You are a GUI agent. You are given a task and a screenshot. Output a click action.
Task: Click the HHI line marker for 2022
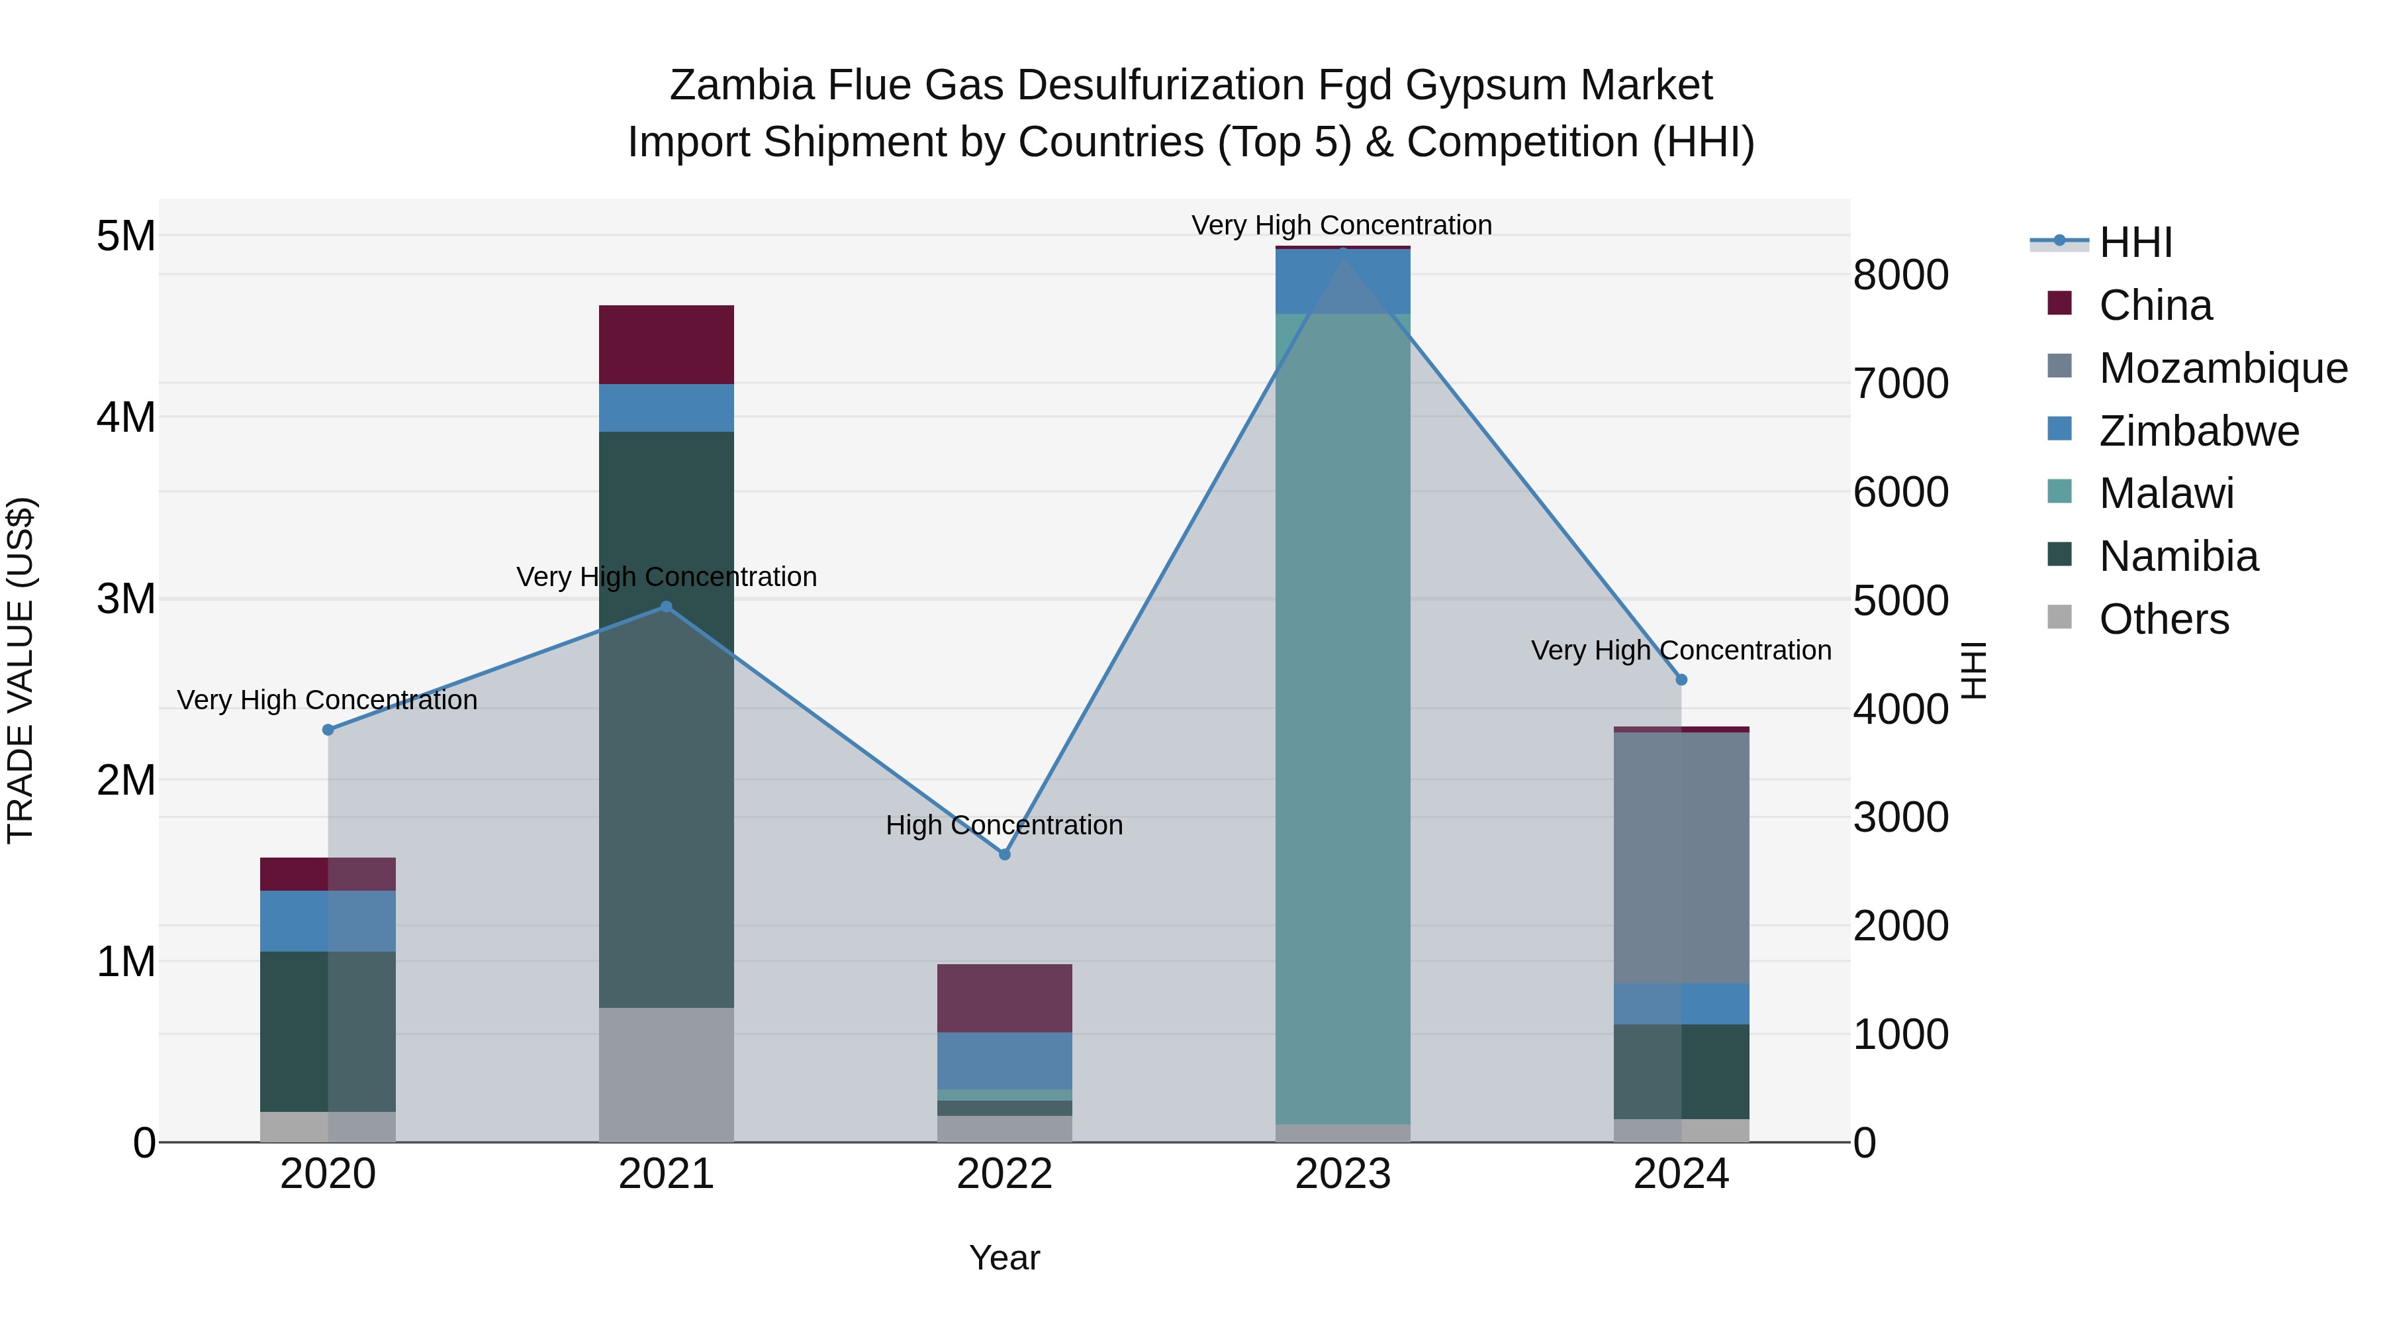[1005, 854]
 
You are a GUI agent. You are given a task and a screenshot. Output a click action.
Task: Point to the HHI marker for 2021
[666, 607]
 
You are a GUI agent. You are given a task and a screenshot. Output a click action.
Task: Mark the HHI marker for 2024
[1682, 680]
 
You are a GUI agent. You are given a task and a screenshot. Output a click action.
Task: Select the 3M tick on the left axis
[126, 599]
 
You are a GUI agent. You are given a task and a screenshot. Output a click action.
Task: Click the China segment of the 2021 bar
[666, 344]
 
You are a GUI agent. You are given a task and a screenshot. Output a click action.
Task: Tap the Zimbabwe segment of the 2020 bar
[328, 921]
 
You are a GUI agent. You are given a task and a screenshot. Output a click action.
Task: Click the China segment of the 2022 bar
[1005, 998]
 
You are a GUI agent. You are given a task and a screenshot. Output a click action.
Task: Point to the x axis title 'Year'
[1005, 1259]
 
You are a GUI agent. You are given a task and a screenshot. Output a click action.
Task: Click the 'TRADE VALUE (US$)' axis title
[21, 670]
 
